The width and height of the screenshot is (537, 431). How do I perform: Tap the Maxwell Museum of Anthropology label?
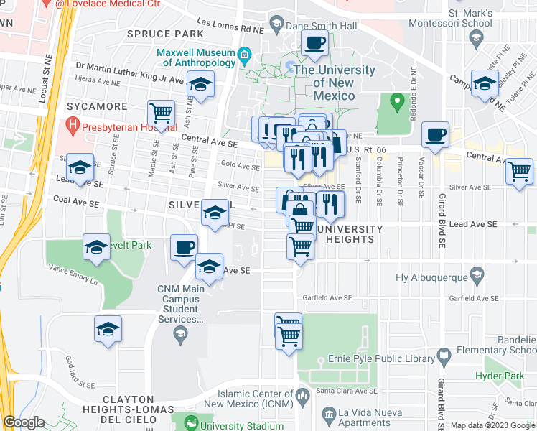(195, 57)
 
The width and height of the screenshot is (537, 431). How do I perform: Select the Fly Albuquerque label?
(431, 277)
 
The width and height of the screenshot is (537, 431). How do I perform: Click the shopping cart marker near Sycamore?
(162, 113)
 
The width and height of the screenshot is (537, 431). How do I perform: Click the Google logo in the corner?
(23, 422)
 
